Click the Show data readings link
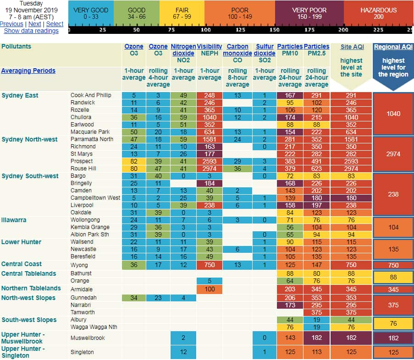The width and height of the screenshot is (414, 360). pyautogui.click(x=31, y=31)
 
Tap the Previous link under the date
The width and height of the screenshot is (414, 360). pyautogui.click(x=11, y=24)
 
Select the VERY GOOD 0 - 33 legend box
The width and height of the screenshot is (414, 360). pyautogui.click(x=90, y=13)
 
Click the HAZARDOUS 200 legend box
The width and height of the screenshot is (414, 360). pyautogui.click(x=378, y=13)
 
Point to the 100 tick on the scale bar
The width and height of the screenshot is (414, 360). pyautogui.click(x=206, y=30)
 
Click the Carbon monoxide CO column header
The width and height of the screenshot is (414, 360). pyautogui.click(x=237, y=50)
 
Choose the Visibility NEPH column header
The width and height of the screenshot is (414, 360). pyautogui.click(x=210, y=50)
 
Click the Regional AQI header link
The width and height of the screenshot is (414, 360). pyautogui.click(x=393, y=47)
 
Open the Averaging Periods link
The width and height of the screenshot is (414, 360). pyautogui.click(x=28, y=71)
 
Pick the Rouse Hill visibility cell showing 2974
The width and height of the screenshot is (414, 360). pyautogui.click(x=210, y=169)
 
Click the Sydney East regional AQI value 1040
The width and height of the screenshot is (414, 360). pyautogui.click(x=393, y=114)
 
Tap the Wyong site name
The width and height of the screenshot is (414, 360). pyautogui.click(x=78, y=264)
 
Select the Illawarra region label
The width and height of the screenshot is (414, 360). pyautogui.click(x=14, y=220)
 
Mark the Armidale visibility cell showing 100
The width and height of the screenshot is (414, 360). pyautogui.click(x=210, y=289)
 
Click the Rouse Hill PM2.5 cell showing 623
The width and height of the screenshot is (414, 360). pyautogui.click(x=316, y=169)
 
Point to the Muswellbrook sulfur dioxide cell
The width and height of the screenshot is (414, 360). pyautogui.click(x=264, y=338)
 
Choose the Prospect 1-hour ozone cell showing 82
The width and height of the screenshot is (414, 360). pyautogui.click(x=134, y=161)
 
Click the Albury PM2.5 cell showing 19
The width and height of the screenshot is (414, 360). pyautogui.click(x=316, y=319)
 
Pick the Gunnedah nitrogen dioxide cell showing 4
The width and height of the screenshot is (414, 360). pyautogui.click(x=183, y=298)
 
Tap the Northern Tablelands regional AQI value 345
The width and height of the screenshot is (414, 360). pyautogui.click(x=393, y=289)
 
